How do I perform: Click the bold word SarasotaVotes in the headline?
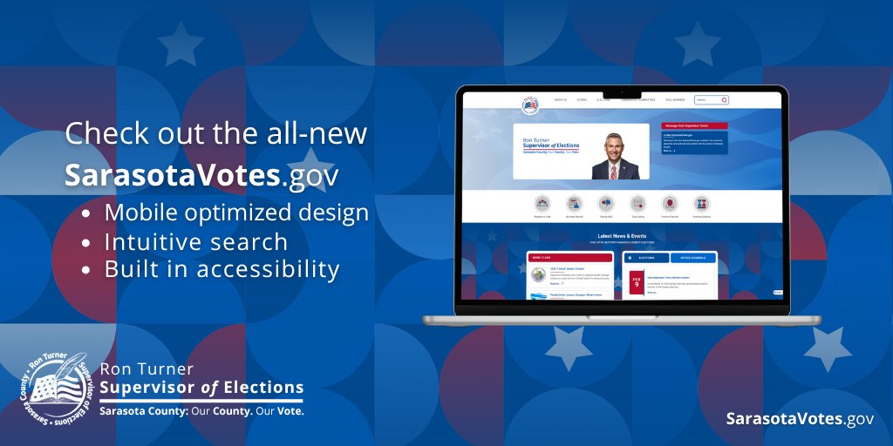click(173, 174)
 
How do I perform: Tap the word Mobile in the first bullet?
click(139, 213)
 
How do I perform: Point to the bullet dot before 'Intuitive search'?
click(85, 242)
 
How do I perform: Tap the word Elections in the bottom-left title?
click(262, 388)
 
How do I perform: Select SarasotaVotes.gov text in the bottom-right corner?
click(800, 419)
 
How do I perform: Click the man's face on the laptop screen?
click(615, 145)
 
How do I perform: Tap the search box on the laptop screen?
click(711, 100)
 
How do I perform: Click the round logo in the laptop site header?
click(530, 105)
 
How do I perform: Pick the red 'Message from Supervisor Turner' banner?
click(696, 126)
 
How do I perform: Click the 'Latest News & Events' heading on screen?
click(622, 235)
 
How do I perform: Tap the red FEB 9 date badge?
click(637, 283)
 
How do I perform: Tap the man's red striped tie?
click(614, 171)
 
